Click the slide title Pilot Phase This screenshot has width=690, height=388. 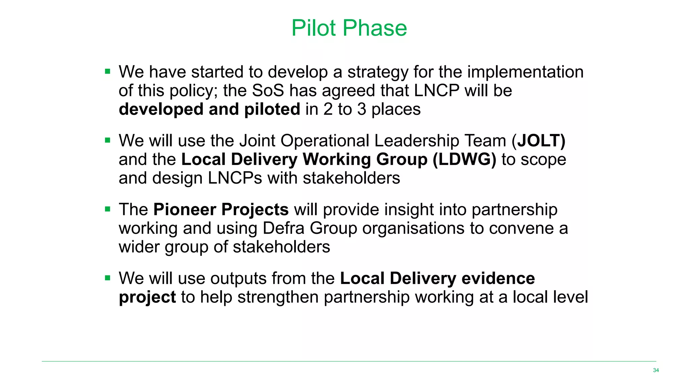[349, 28]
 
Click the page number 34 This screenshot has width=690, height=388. [656, 370]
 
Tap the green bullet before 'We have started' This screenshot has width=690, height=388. [107, 71]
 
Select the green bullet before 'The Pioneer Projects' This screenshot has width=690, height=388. [107, 209]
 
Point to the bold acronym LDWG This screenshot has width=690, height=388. [464, 159]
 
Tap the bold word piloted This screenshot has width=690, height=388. [272, 109]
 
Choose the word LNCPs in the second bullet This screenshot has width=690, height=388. [235, 178]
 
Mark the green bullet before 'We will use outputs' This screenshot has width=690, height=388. [107, 278]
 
